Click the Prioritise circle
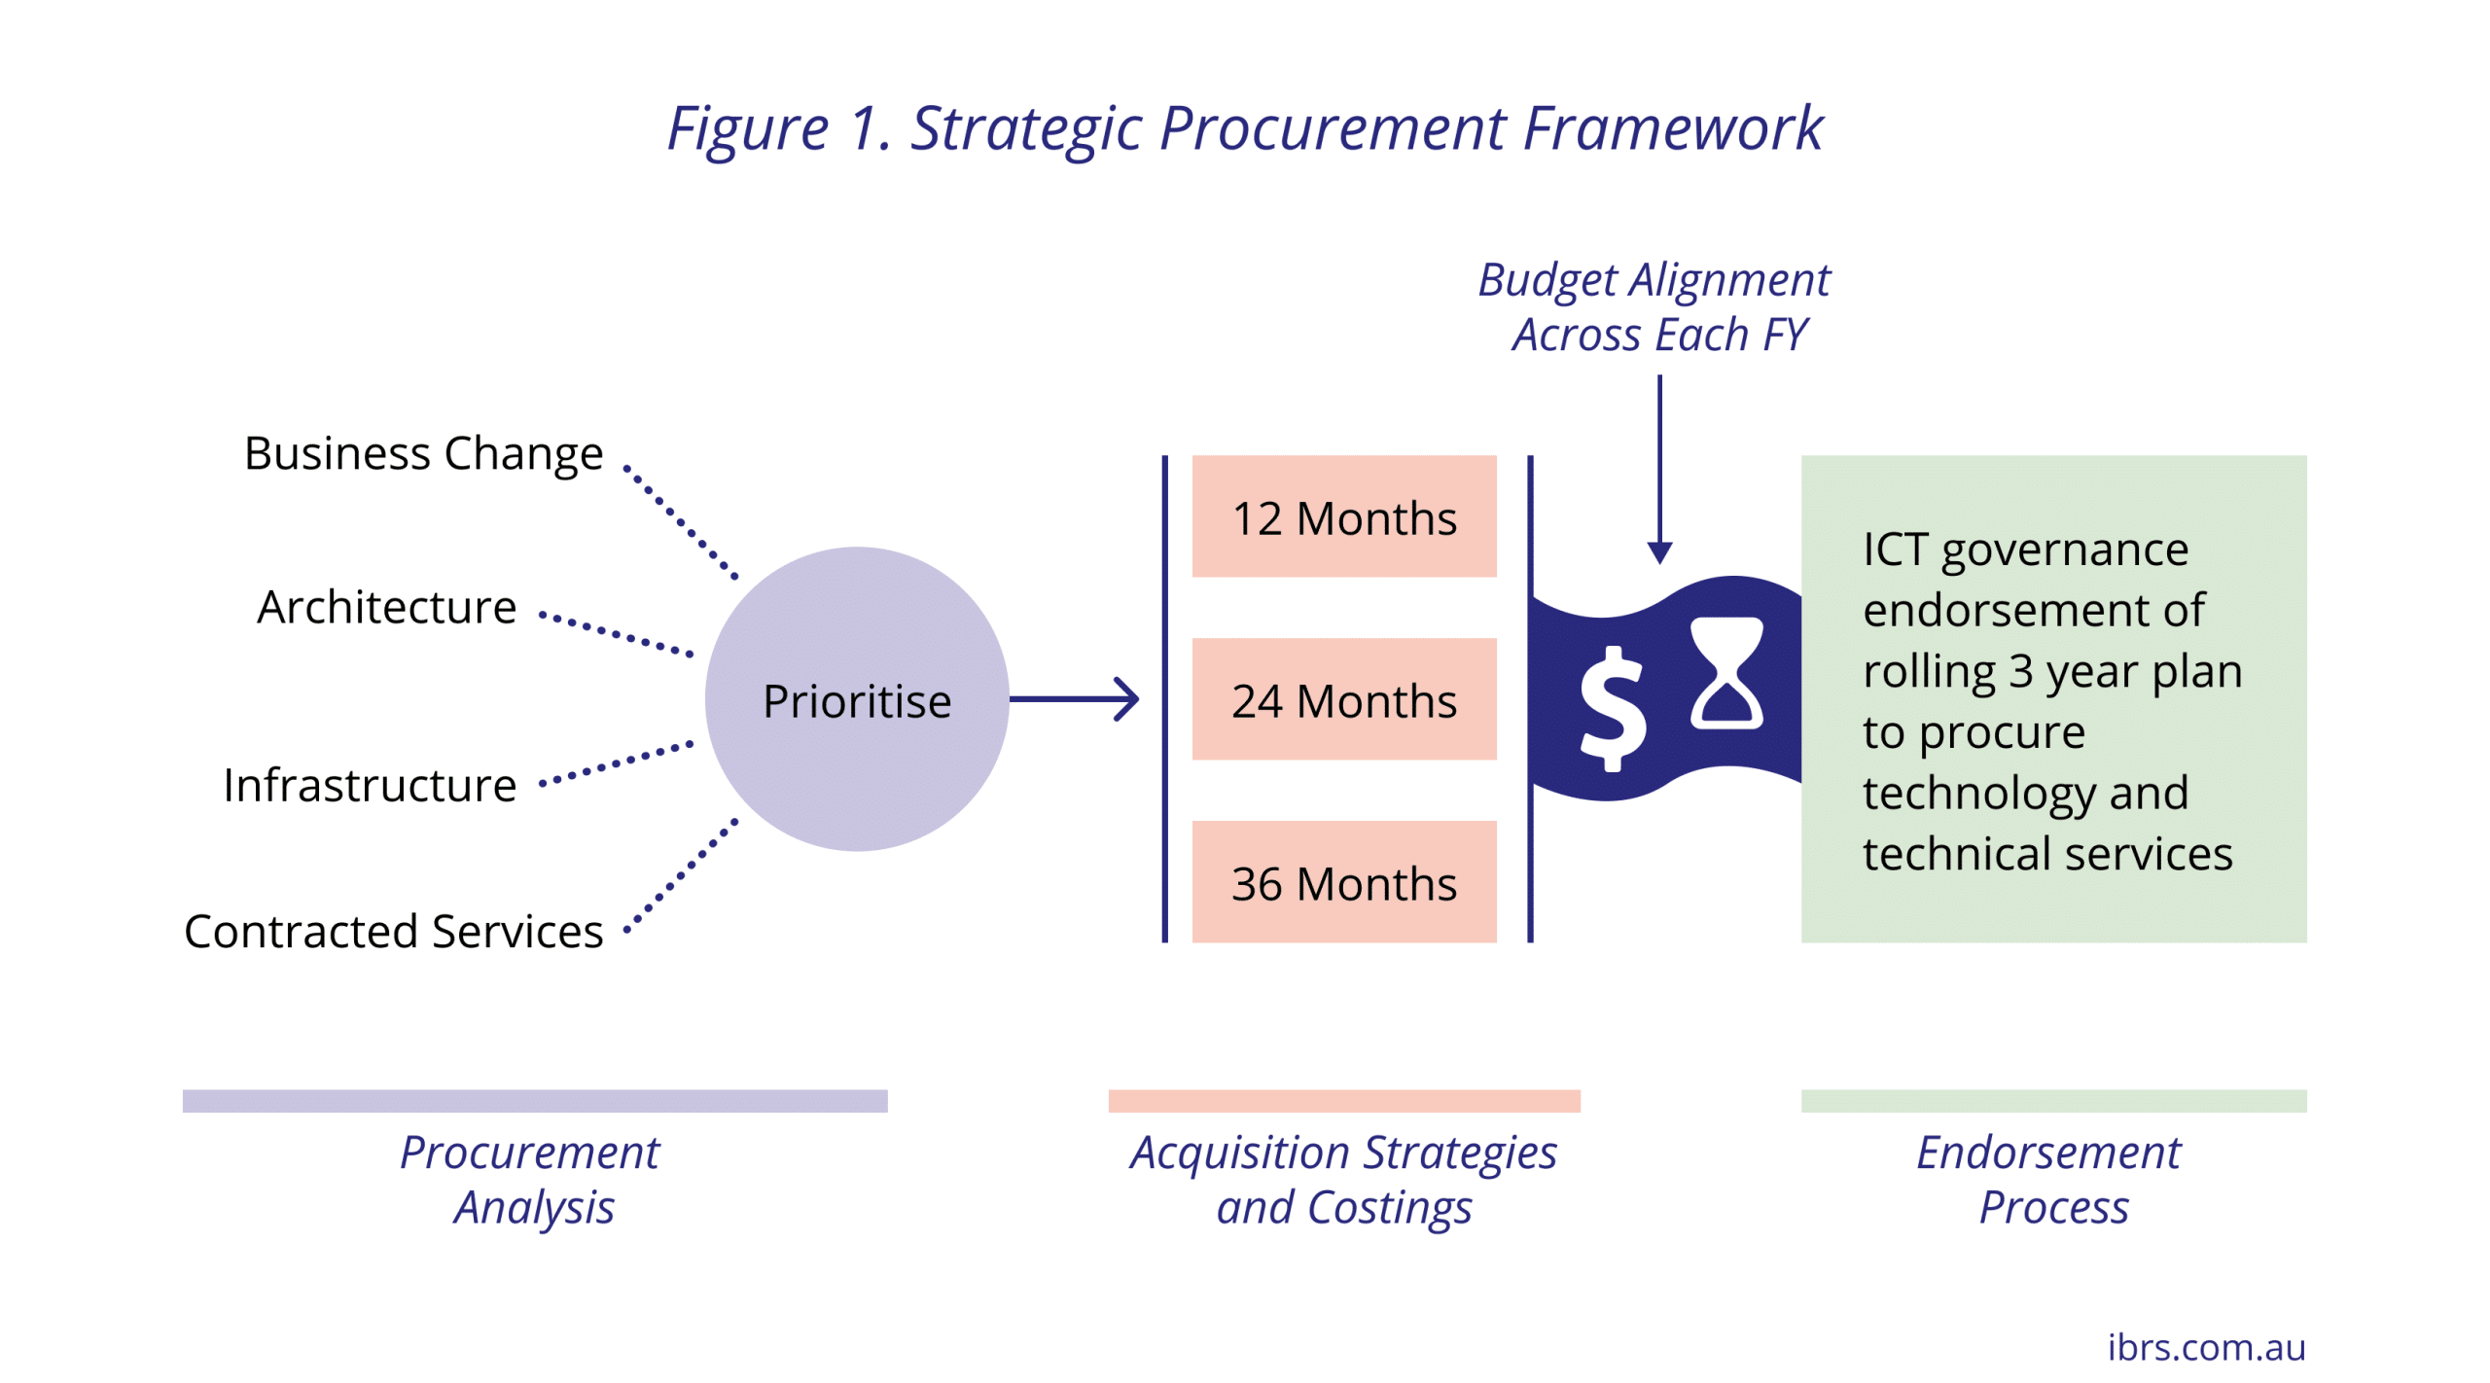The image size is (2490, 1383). coord(856,698)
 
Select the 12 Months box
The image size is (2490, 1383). coord(1343,515)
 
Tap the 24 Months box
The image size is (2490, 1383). coord(1343,698)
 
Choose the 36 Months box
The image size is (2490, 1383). coord(1343,881)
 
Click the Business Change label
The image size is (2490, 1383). coord(423,454)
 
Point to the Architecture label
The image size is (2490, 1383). coord(386,607)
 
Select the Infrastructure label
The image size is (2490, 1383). coord(370,785)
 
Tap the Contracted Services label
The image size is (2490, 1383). coord(393,931)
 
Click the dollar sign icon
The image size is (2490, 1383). coord(1613,708)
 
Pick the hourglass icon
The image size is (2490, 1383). coord(1726,672)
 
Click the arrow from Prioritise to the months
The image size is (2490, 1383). coord(1074,698)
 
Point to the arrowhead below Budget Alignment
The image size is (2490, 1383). coord(1659,552)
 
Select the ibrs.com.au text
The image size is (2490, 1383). coord(2206,1347)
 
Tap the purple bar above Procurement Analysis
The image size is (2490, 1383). coord(535,1100)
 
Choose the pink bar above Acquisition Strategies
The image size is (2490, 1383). coord(1344,1100)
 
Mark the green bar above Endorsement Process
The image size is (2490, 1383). coord(2053,1100)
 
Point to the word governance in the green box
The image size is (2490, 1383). coord(2065,551)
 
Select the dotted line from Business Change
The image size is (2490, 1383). coord(680,522)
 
